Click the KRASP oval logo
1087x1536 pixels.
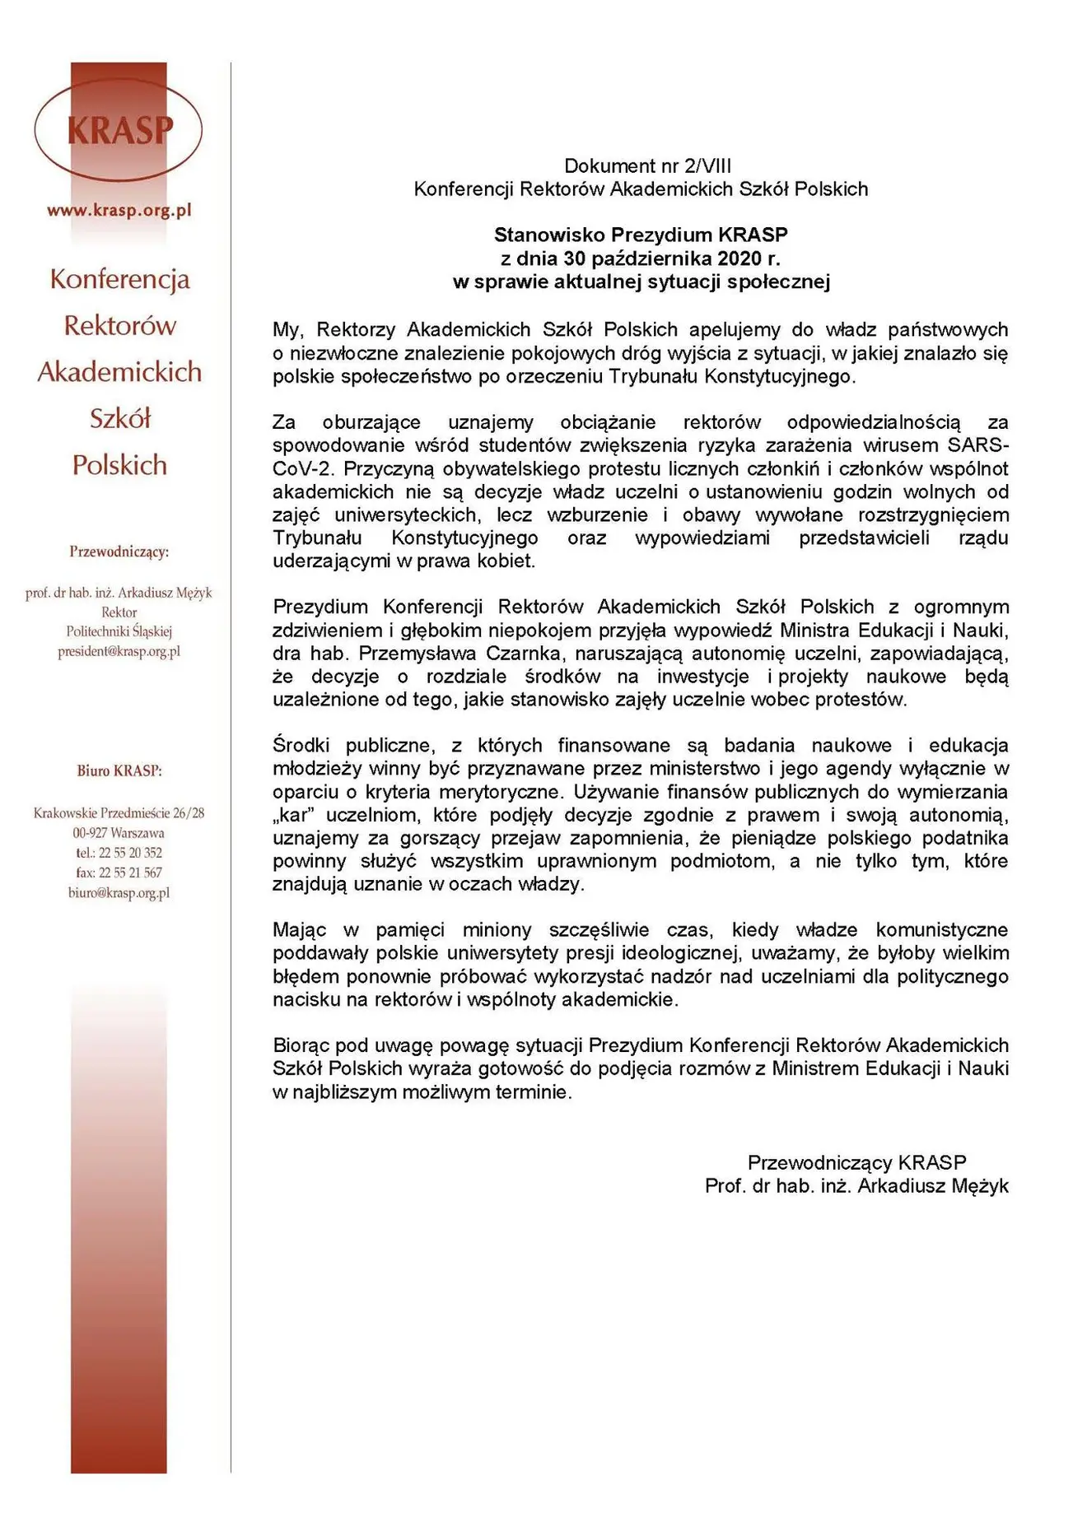pyautogui.click(x=119, y=130)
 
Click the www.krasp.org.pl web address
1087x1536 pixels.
pyautogui.click(x=119, y=210)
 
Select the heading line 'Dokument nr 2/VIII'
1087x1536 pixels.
pyautogui.click(x=647, y=165)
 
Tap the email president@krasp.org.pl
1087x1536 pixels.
pyautogui.click(x=119, y=651)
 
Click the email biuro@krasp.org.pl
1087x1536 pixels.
pyautogui.click(x=119, y=892)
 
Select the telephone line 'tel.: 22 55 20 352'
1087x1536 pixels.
pyautogui.click(x=119, y=853)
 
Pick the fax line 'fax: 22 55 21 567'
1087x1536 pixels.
pyautogui.click(x=119, y=873)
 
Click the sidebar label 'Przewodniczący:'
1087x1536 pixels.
pyautogui.click(x=119, y=552)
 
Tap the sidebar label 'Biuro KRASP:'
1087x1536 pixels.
pyautogui.click(x=119, y=771)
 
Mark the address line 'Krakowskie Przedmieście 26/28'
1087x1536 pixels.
pyautogui.click(x=119, y=813)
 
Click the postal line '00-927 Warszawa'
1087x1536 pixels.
pyautogui.click(x=119, y=833)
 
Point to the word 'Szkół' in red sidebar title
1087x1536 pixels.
pyautogui.click(x=120, y=419)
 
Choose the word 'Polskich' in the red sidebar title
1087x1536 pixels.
pyautogui.click(x=119, y=465)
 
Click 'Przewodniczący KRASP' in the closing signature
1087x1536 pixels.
pyautogui.click(x=856, y=1162)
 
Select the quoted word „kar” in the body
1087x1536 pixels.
pyautogui.click(x=296, y=815)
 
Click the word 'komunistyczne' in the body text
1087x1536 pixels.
pyautogui.click(x=942, y=930)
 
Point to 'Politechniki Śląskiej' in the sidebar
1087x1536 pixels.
pyautogui.click(x=119, y=631)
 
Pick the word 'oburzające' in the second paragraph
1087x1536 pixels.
pyautogui.click(x=371, y=422)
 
